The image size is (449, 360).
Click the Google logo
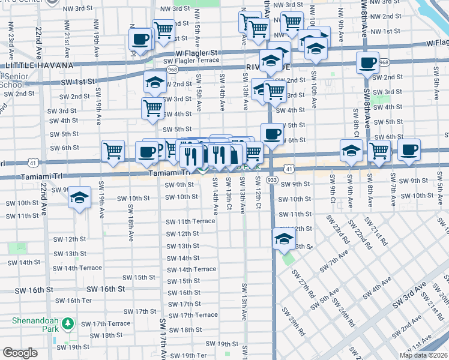coord(20,352)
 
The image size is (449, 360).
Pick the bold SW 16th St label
coord(104,289)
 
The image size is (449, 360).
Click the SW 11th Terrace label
coord(190,221)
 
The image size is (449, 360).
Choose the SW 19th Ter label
coord(193,355)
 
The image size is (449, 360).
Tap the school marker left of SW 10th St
coord(79,199)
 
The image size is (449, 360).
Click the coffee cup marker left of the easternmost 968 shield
coord(367,62)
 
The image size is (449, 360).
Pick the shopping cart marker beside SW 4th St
coord(152,108)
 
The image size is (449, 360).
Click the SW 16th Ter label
coord(79,301)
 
